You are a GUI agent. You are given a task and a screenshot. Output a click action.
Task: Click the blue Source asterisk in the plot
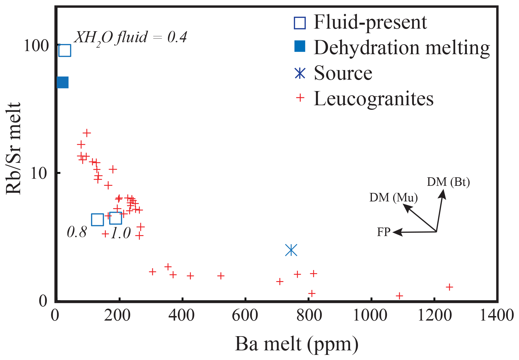click(x=291, y=250)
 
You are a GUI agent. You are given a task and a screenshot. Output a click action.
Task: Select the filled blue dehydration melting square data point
click(x=63, y=83)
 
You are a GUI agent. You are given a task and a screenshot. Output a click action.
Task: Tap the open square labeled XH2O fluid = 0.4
click(x=65, y=50)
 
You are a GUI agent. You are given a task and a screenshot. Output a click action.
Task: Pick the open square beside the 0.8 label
click(x=97, y=220)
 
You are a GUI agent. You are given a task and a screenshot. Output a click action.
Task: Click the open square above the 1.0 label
click(x=116, y=218)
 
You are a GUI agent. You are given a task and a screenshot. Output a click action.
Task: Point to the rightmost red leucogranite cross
click(x=449, y=287)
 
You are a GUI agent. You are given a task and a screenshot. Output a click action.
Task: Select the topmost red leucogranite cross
click(x=87, y=132)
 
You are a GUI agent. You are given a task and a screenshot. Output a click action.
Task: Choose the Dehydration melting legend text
click(x=402, y=47)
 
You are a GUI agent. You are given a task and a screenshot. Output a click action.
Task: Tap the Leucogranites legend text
click(x=374, y=98)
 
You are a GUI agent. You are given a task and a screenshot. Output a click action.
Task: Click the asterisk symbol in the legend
click(x=300, y=73)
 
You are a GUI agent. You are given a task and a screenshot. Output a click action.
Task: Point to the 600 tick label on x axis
click(x=245, y=315)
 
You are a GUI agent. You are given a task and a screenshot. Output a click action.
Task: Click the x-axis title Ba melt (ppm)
click(x=296, y=344)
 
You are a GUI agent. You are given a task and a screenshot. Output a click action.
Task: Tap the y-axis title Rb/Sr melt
click(x=14, y=148)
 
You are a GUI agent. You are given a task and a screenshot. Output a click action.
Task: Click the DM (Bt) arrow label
click(x=448, y=182)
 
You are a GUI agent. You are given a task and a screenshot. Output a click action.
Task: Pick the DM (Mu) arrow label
click(x=393, y=197)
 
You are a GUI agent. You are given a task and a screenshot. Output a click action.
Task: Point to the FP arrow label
click(x=384, y=232)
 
